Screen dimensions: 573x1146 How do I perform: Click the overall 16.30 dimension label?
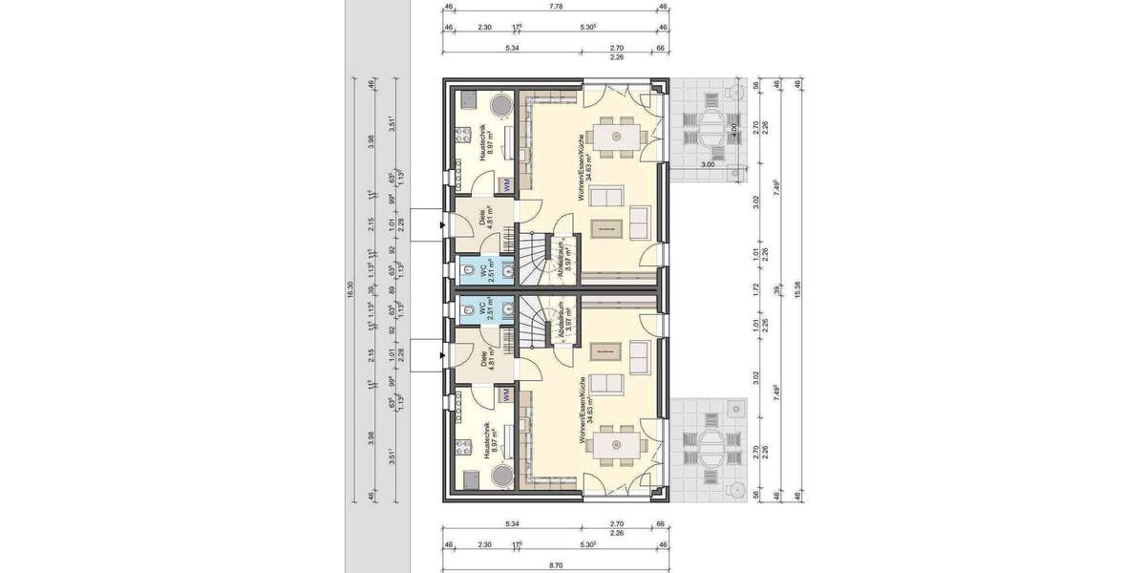(350, 291)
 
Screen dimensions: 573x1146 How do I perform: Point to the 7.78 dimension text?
(555, 7)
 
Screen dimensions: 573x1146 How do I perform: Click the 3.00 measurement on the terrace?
(708, 165)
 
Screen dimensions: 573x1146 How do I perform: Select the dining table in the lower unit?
(614, 446)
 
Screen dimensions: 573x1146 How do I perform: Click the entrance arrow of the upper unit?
(441, 225)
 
